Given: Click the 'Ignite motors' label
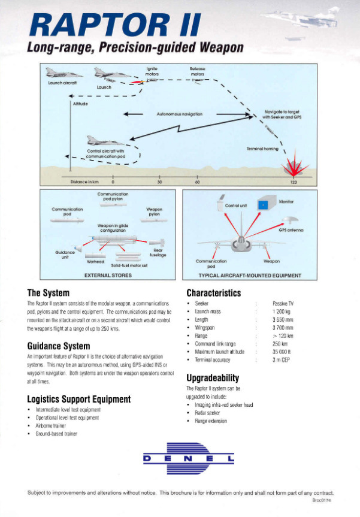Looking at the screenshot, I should (152, 71).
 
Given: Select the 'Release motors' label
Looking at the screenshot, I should (198, 71).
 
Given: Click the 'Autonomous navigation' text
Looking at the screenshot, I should (179, 113).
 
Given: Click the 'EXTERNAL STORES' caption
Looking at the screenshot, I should (108, 276).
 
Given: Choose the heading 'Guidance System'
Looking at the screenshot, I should (59, 346).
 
